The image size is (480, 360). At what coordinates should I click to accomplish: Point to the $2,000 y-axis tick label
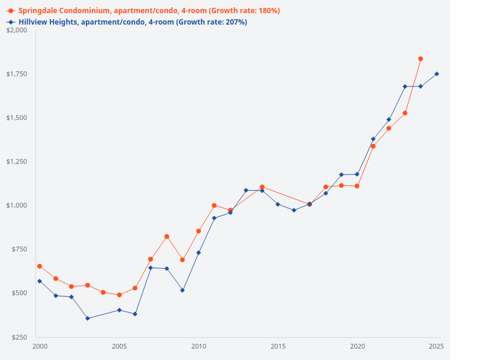tap(17, 30)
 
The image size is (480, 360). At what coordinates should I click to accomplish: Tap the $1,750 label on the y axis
tap(17, 74)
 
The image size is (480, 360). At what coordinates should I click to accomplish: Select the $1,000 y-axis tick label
tap(17, 205)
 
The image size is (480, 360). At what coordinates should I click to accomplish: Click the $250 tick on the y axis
tap(19, 337)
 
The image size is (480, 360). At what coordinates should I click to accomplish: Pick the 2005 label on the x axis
tap(119, 347)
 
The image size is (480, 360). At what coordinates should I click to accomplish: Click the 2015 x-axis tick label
tap(278, 347)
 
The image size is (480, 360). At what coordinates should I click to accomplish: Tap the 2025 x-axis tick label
tap(436, 347)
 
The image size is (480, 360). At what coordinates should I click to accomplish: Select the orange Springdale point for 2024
tap(421, 59)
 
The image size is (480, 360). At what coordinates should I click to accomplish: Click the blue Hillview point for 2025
tap(437, 74)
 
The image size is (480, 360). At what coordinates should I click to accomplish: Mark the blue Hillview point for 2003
tap(88, 318)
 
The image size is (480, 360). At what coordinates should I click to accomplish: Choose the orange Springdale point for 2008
tap(167, 236)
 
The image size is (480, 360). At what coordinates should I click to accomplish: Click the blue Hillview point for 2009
tap(182, 290)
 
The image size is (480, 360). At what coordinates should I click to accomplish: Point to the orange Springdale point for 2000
tap(40, 266)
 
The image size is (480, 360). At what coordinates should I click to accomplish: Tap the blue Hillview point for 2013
tap(246, 190)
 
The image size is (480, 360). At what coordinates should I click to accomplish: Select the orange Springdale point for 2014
tap(262, 187)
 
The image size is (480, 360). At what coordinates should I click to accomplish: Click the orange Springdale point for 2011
tap(214, 205)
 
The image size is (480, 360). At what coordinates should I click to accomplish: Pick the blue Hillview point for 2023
tap(405, 86)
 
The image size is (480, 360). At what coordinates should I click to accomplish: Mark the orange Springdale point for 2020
tap(357, 186)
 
